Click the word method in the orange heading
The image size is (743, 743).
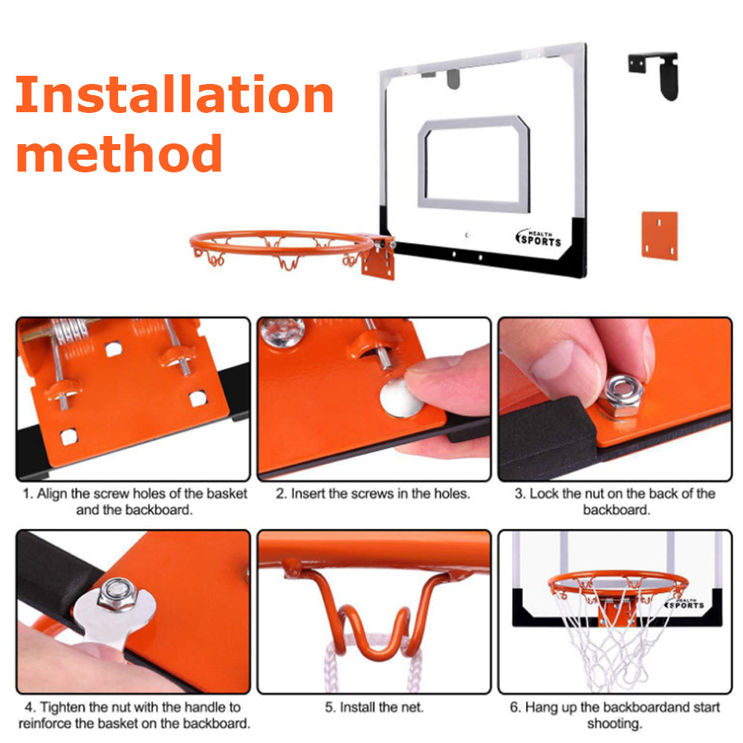119,152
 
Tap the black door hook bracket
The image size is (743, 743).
655,75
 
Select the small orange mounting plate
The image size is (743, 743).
660,236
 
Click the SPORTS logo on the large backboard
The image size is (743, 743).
539,239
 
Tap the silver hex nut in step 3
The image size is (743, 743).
620,397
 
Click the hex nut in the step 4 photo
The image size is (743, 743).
117,594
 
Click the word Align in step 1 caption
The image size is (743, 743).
52,494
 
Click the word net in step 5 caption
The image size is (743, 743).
411,707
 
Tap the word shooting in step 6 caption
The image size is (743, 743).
614,724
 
